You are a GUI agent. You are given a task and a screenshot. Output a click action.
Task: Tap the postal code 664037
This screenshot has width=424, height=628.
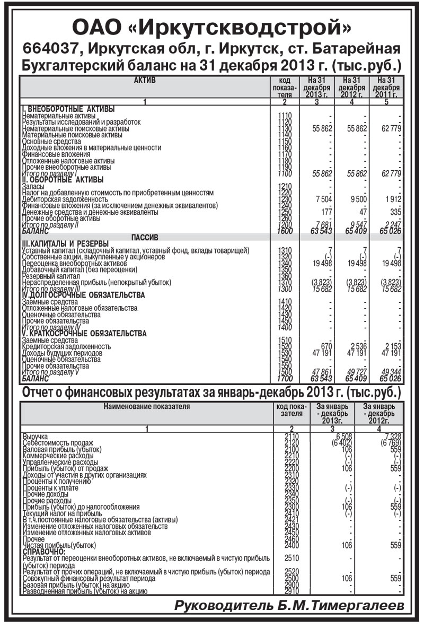click(53, 49)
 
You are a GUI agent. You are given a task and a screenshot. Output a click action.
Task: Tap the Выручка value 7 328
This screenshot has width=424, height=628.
click(391, 436)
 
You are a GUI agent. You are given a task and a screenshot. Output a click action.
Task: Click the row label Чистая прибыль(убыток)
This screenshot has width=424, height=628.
click(59, 545)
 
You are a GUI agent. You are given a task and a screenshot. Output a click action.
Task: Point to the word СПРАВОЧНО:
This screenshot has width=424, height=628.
click(43, 551)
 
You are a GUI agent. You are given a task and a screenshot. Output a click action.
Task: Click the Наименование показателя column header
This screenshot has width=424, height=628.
click(146, 407)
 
